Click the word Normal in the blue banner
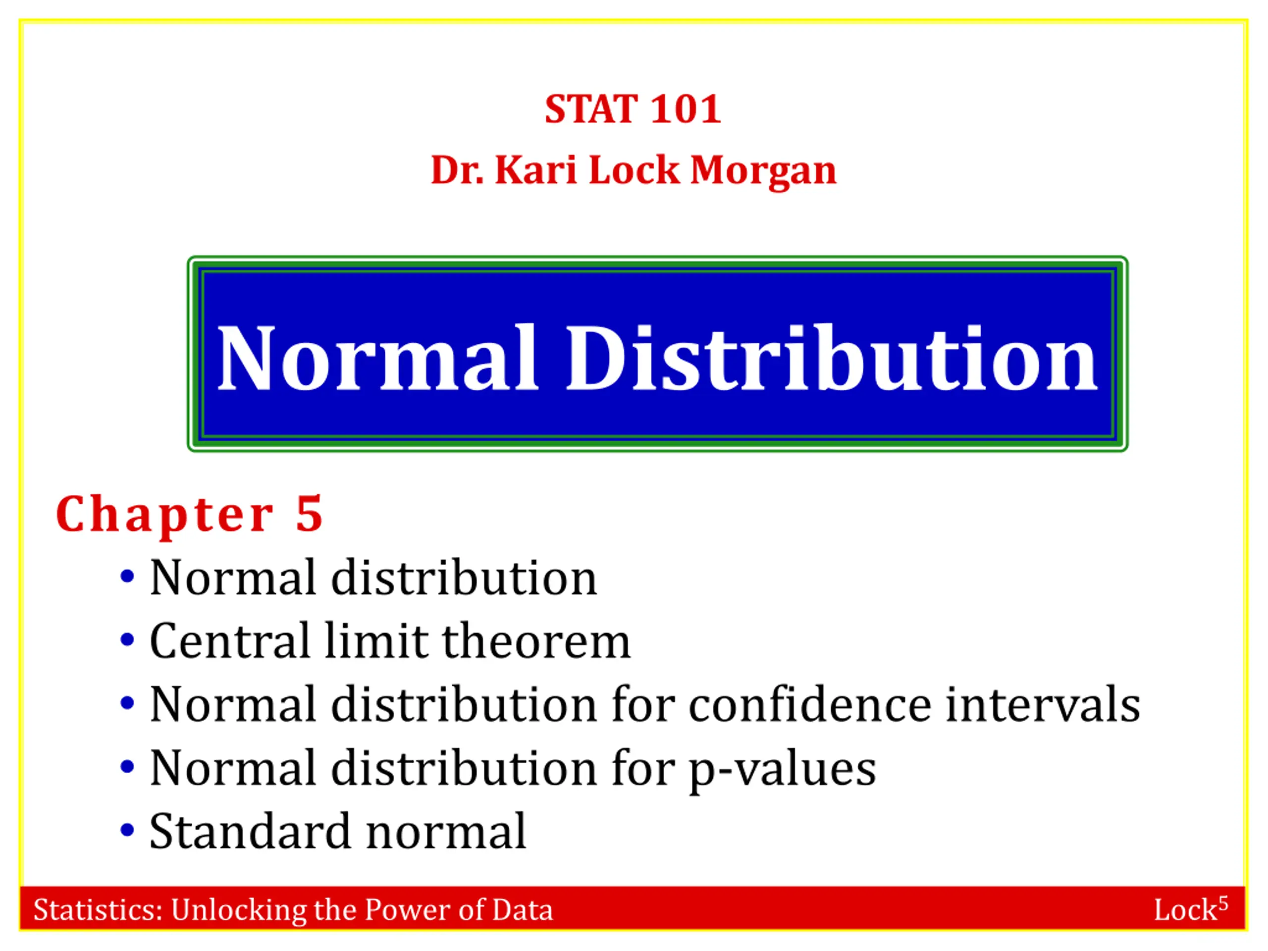(377, 358)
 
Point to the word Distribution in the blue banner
(832, 358)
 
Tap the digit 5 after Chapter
(310, 514)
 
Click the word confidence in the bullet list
(809, 704)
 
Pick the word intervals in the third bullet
(1043, 704)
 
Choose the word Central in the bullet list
(230, 640)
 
